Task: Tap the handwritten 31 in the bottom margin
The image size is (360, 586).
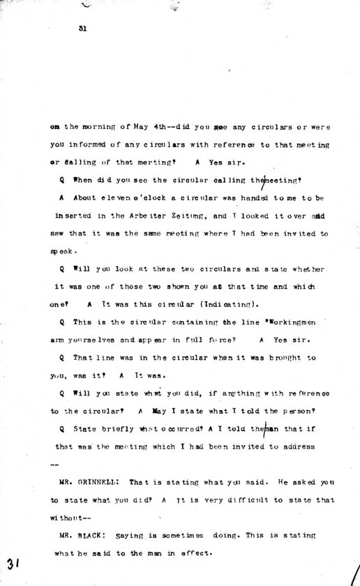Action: coord(14,563)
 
